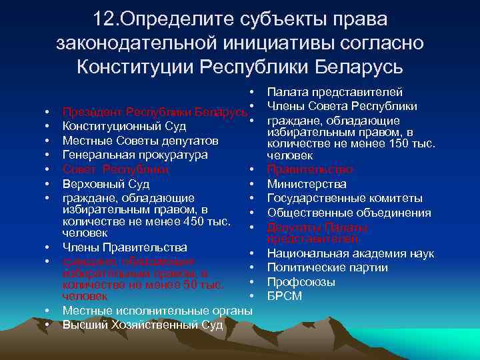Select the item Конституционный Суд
[124, 126]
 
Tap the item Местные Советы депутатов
[140, 141]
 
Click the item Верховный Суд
[106, 183]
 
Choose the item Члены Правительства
[125, 248]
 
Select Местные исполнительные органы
[157, 311]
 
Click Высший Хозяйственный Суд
[143, 325]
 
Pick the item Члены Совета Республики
[342, 106]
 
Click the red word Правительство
[310, 170]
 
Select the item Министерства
[307, 184]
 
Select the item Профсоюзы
[301, 282]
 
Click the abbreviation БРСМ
[285, 295]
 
